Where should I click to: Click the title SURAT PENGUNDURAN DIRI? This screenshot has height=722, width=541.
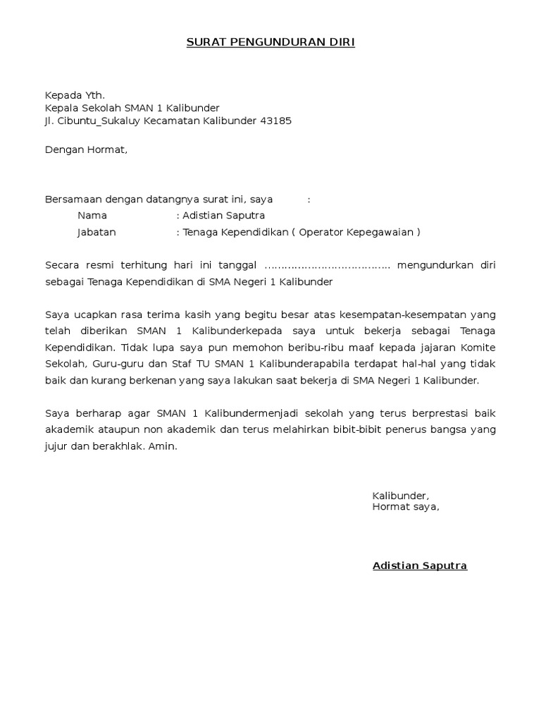[270, 43]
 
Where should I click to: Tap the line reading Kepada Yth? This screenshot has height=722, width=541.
[75, 95]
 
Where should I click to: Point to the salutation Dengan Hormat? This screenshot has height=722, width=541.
[86, 149]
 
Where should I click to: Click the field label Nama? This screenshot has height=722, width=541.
[92, 216]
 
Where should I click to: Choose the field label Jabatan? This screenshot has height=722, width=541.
[97, 232]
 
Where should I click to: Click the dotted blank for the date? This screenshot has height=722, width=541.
[327, 266]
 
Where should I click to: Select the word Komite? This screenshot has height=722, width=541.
[479, 348]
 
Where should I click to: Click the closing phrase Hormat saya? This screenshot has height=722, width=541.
[406, 506]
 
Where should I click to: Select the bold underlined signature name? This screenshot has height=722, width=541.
[419, 565]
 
